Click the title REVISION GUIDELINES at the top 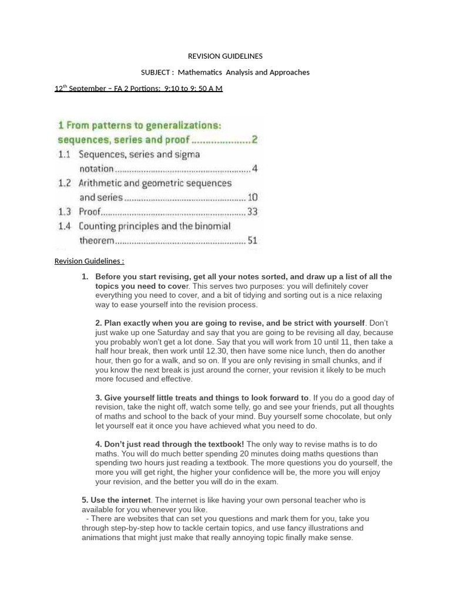tap(225, 56)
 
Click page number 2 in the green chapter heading tap(255, 140)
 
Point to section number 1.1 tap(65, 154)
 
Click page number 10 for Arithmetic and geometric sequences tap(253, 197)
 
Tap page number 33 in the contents tap(253, 211)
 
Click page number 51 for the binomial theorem tap(253, 240)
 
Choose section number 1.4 tap(65, 226)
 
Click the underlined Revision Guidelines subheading tap(89, 261)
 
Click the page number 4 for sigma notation tap(254, 169)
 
